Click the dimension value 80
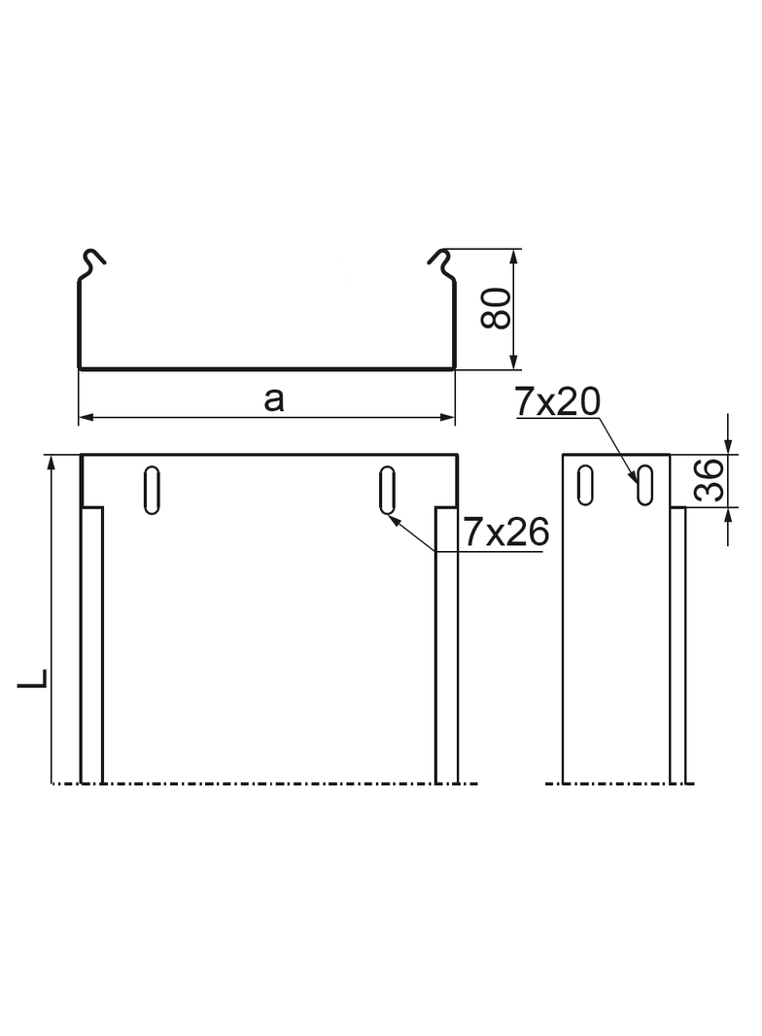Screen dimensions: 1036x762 pos(499,310)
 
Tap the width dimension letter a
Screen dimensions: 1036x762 pos(274,398)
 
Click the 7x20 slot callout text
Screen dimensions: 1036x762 pos(559,401)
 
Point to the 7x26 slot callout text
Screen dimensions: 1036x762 pos(505,532)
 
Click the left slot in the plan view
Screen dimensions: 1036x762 pos(152,490)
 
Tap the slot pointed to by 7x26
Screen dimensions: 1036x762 pos(387,490)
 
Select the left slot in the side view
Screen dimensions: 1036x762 pos(585,484)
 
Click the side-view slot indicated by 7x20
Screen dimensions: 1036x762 pos(643,484)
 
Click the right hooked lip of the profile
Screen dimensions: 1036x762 pos(440,260)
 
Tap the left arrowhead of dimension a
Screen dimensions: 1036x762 pos(85,418)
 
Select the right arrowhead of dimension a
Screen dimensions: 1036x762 pos(448,418)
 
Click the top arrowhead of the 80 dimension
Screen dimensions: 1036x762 pos(513,256)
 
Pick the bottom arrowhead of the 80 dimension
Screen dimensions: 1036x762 pos(513,363)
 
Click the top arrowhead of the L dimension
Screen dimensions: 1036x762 pos(52,462)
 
